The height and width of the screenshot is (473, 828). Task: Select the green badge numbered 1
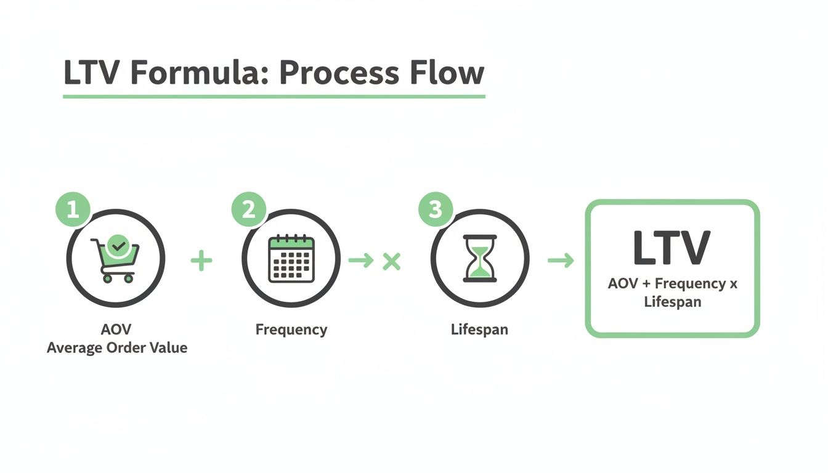[x=73, y=209]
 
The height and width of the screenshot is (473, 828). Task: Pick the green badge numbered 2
[x=248, y=209]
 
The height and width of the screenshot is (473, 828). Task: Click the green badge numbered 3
[x=436, y=209]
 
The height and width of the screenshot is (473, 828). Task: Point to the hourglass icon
[x=479, y=259]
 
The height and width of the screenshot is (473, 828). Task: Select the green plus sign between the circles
[x=201, y=261]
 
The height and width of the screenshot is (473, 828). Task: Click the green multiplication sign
[x=391, y=261]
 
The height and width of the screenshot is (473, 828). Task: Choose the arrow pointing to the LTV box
[x=560, y=261]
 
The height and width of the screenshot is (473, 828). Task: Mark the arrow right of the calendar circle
[x=361, y=261]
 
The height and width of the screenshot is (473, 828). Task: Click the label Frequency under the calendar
[x=291, y=329]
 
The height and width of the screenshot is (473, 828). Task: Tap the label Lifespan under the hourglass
[x=479, y=329]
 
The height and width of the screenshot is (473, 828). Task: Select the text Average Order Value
[x=117, y=348]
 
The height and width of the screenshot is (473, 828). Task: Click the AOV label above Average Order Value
[x=117, y=329]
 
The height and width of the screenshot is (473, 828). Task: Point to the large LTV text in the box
[x=672, y=248]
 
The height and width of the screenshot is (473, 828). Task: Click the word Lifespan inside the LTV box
[x=672, y=302]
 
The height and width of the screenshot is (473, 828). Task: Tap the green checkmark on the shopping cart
[x=118, y=246]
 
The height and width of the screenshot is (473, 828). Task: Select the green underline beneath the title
[x=274, y=97]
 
